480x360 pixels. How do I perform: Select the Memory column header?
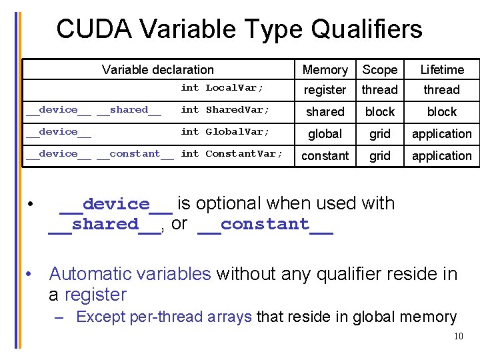[x=325, y=70]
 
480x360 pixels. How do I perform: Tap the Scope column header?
[x=379, y=70]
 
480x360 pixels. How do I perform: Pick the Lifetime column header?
[x=442, y=70]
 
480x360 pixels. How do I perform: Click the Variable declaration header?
[x=158, y=70]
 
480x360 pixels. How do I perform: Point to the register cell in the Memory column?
[x=325, y=90]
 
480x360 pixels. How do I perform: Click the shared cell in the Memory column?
[x=325, y=112]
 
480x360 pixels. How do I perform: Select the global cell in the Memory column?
[x=325, y=134]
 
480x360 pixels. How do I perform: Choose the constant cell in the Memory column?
[x=325, y=156]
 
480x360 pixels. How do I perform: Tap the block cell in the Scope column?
[x=379, y=112]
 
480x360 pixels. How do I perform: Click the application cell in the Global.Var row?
[x=442, y=134]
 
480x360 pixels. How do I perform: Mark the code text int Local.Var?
[x=222, y=88]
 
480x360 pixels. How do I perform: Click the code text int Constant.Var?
[x=232, y=154]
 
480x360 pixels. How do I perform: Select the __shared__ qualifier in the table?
[x=129, y=110]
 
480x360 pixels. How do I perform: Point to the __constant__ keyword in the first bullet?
[x=265, y=225]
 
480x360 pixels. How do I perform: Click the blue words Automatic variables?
[x=130, y=274]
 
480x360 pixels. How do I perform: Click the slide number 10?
[x=458, y=336]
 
